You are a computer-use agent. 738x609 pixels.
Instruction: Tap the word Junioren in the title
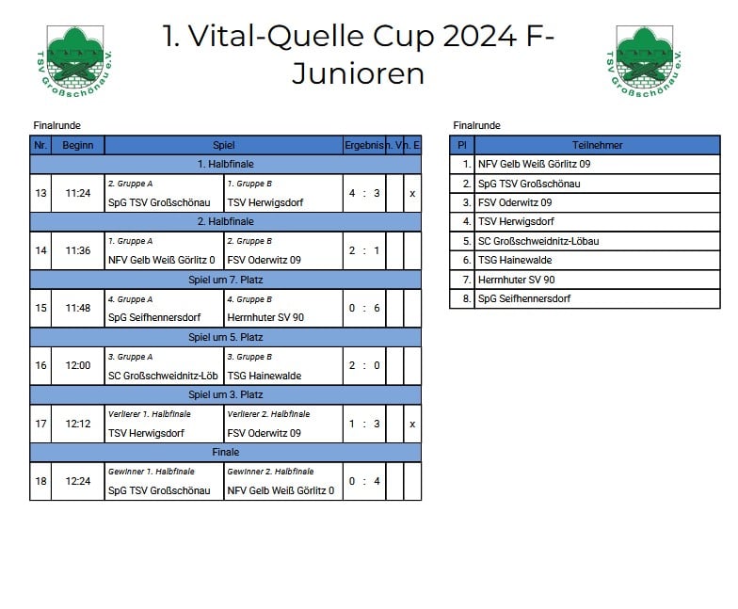point(358,73)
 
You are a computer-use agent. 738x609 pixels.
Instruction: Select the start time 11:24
point(77,193)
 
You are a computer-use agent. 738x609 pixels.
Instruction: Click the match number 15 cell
point(41,308)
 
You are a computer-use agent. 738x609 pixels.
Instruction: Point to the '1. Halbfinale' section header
point(226,164)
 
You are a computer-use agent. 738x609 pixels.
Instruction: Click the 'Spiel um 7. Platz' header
point(226,280)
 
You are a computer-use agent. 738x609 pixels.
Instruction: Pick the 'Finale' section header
point(226,452)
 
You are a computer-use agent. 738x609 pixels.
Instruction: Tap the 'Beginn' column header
point(77,145)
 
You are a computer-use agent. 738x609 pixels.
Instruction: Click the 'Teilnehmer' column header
point(597,145)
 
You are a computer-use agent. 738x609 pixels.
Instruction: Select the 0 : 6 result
point(364,308)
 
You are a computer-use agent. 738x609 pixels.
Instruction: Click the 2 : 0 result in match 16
point(364,365)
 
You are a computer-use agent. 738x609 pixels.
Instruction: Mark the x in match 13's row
point(412,194)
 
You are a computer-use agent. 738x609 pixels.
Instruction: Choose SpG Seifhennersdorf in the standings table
point(523,298)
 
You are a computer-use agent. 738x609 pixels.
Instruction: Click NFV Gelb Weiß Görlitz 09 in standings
point(534,164)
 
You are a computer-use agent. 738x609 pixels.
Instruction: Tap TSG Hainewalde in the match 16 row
point(264,376)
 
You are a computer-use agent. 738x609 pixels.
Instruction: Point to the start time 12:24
point(77,481)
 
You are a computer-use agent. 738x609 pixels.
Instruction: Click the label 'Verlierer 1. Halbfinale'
point(149,414)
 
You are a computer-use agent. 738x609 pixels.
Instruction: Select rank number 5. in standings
point(467,241)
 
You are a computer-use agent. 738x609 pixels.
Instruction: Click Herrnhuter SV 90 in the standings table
point(516,280)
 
